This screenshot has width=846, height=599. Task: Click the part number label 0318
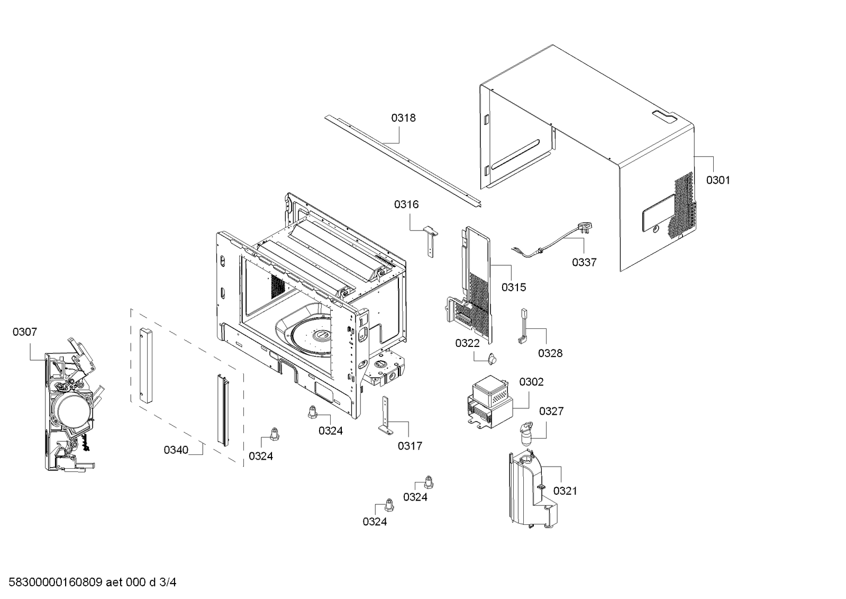(x=403, y=118)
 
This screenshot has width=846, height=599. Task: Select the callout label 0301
(x=717, y=180)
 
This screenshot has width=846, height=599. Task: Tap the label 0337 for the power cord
(x=584, y=262)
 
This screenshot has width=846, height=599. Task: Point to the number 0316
(x=406, y=204)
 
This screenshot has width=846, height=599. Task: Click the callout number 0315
(x=514, y=287)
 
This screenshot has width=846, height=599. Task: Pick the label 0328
(x=550, y=353)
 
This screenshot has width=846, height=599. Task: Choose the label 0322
(x=467, y=343)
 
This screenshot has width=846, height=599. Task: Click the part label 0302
(x=531, y=382)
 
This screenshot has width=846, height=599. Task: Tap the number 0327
(x=551, y=411)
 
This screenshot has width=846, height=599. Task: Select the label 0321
(x=565, y=491)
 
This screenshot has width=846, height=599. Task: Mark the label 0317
(x=410, y=446)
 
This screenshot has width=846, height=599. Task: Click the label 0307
(x=25, y=332)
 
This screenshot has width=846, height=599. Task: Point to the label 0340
(x=176, y=450)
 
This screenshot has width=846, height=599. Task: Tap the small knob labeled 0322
(x=493, y=359)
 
